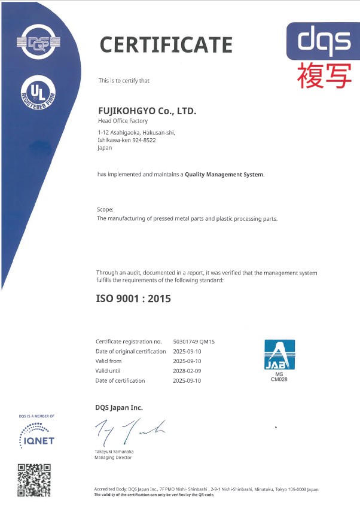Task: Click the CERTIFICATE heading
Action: [166, 44]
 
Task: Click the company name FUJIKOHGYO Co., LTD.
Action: [147, 111]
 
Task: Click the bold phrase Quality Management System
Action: [224, 175]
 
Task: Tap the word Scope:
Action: [105, 209]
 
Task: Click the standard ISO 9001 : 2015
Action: [133, 298]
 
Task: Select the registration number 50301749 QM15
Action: [193, 342]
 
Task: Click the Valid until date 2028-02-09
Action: [187, 371]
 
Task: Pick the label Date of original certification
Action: [130, 351]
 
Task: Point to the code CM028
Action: [280, 379]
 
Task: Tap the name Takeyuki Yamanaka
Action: [114, 451]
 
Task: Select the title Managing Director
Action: [113, 458]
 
